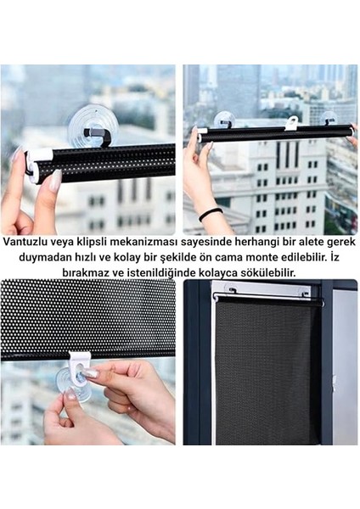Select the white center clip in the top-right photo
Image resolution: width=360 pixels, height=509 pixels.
[x=291, y=124]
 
